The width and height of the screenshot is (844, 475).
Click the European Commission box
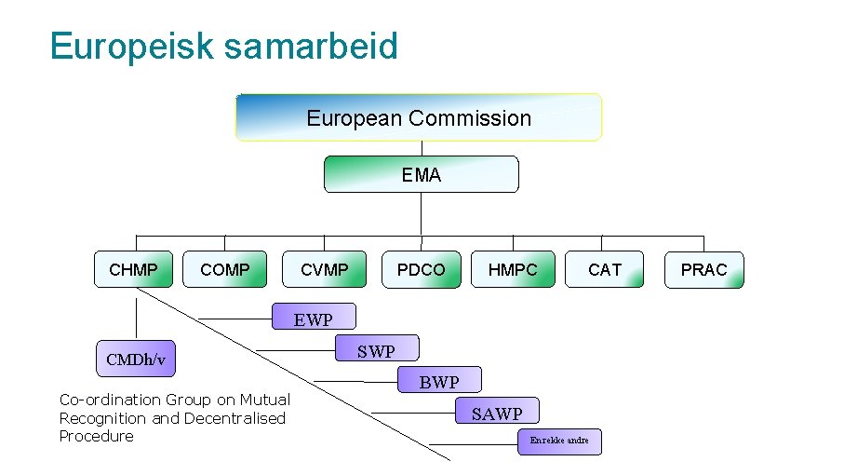point(419,117)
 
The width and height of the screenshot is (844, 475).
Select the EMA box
point(421,174)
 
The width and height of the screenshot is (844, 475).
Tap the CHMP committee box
point(133,269)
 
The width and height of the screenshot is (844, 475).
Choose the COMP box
point(225,269)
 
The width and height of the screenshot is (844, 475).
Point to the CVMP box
point(324,269)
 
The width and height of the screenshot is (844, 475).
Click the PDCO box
point(422,269)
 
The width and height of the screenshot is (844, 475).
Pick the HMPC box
point(513,269)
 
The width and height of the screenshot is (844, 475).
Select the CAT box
point(604,269)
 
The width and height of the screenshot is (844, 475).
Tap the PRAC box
point(703,269)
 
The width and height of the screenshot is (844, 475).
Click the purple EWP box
point(314,319)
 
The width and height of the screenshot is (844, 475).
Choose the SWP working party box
point(376,350)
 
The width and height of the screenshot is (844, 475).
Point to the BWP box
point(439,381)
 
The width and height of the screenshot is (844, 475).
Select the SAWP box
point(497,413)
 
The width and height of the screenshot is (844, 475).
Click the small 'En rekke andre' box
point(559,441)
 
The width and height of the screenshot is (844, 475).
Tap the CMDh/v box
point(135,359)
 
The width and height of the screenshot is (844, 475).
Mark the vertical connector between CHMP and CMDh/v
point(137,314)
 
